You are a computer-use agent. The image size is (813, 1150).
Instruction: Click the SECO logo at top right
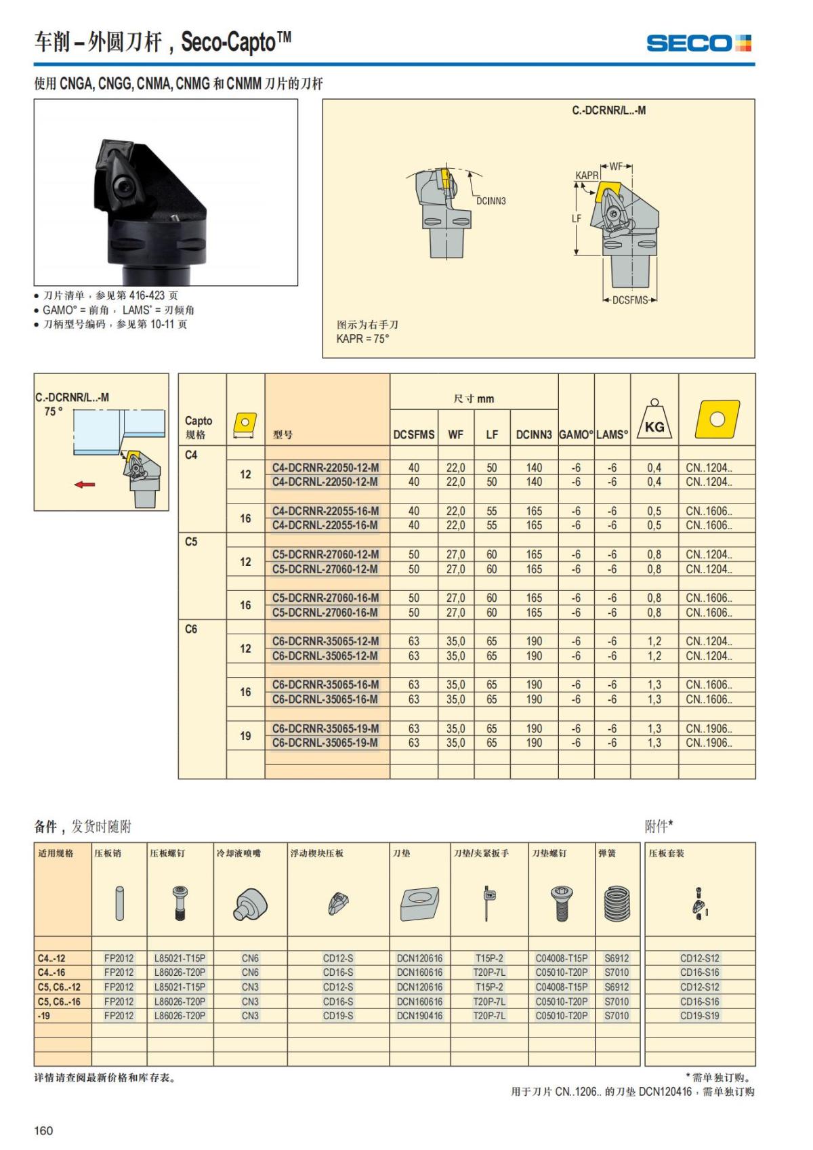(x=699, y=43)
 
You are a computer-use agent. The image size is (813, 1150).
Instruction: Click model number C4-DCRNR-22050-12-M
(x=325, y=468)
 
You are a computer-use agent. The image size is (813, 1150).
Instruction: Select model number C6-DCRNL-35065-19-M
(x=325, y=743)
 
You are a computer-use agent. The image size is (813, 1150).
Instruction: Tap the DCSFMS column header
(x=413, y=435)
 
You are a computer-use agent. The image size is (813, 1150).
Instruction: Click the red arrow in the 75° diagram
(x=85, y=485)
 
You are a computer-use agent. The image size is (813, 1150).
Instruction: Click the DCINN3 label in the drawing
(x=491, y=201)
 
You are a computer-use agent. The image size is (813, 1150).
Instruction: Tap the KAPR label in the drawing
(x=587, y=176)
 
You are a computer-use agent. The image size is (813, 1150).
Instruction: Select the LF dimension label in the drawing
(x=577, y=219)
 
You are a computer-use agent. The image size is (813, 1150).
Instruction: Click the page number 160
(x=43, y=1130)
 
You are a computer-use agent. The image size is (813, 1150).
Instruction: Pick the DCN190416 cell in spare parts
(x=419, y=1016)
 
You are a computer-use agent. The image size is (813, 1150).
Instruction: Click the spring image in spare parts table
(x=617, y=904)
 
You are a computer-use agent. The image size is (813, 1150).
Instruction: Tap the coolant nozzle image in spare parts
(x=251, y=905)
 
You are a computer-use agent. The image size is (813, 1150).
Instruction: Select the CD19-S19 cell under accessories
(x=699, y=1016)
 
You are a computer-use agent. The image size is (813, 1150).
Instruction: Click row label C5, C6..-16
(x=59, y=1002)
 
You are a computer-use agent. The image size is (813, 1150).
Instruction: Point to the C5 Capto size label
(x=191, y=542)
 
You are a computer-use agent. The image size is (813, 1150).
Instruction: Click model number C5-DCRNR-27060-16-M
(x=325, y=598)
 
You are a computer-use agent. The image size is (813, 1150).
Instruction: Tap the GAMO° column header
(x=576, y=435)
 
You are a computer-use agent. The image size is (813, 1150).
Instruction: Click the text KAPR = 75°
(x=362, y=339)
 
